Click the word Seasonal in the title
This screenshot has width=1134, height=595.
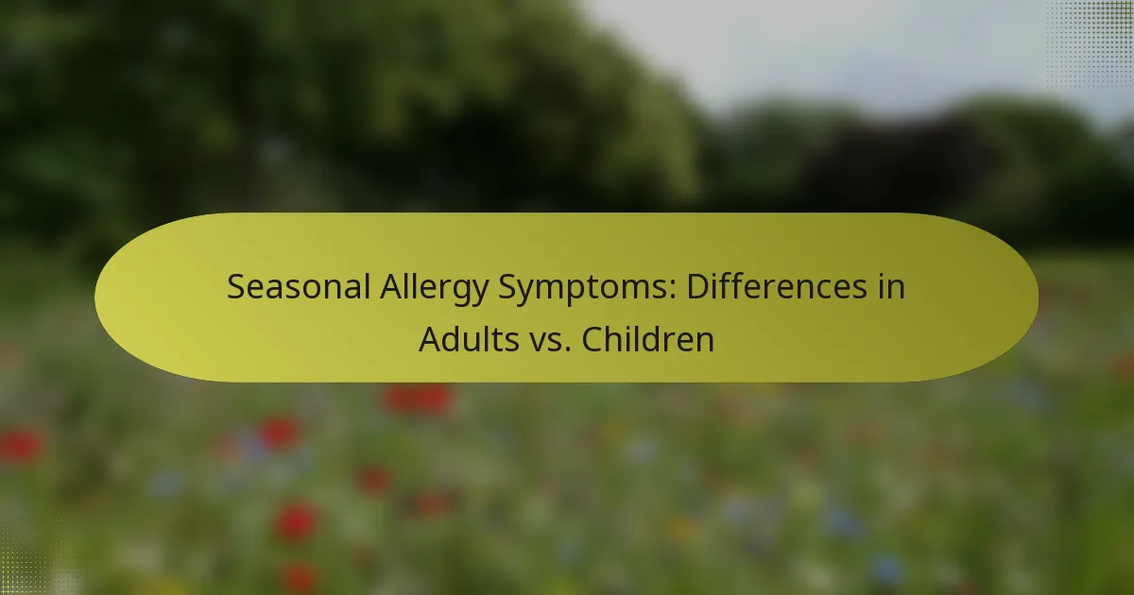[299, 287]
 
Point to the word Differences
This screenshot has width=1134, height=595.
[777, 287]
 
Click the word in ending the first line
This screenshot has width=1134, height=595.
[891, 287]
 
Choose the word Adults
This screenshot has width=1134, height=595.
[469, 339]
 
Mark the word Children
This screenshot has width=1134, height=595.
[648, 339]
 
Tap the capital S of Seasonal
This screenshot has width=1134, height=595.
[236, 287]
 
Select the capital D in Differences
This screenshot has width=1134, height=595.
[698, 287]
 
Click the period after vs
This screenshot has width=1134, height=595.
[568, 350]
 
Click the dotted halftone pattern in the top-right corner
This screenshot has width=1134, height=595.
[1090, 44]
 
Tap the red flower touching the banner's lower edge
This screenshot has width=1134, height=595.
[418, 399]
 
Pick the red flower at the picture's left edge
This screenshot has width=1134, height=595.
[21, 446]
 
